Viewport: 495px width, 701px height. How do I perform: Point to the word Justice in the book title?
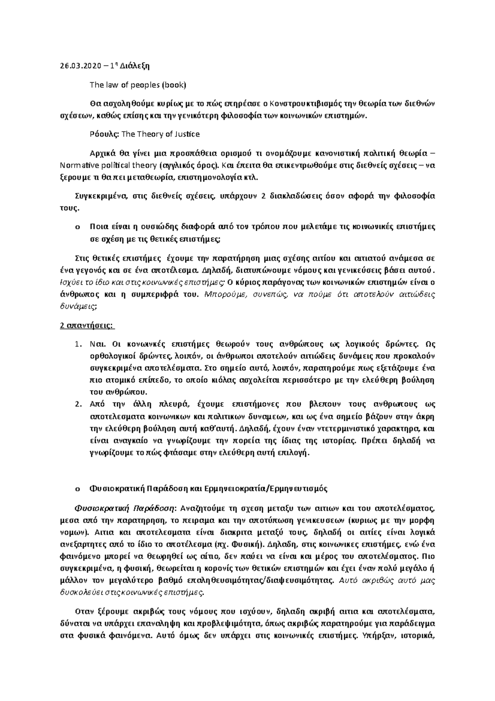pyautogui.click(x=188, y=134)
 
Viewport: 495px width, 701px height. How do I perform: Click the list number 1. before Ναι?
pyautogui.click(x=78, y=344)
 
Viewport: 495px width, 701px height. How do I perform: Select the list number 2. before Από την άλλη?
pyautogui.click(x=78, y=404)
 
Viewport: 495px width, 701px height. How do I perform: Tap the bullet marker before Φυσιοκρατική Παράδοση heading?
pyautogui.click(x=77, y=488)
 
